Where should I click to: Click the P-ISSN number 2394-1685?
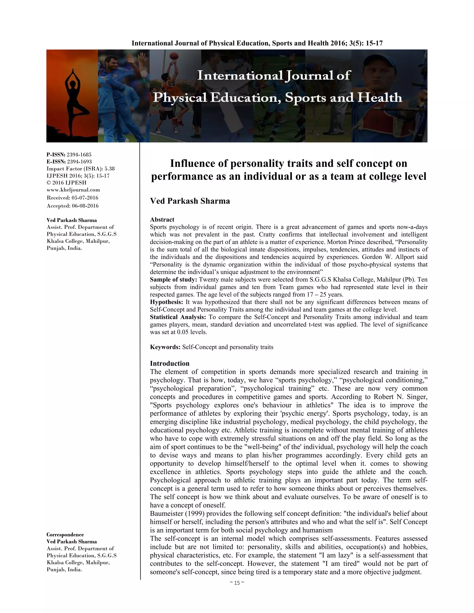click(x=79, y=155)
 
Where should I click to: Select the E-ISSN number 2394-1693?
click(x=79, y=162)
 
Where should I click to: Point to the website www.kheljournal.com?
click(x=73, y=190)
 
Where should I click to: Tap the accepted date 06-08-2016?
click(x=85, y=206)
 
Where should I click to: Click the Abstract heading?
click(x=162, y=220)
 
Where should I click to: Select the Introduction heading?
click(x=170, y=363)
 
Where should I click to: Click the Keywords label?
click(x=165, y=347)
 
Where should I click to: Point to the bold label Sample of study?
click(x=174, y=280)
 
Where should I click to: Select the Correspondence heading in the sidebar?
click(x=65, y=535)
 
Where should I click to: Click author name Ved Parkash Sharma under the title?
click(x=190, y=201)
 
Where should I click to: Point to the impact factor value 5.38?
click(x=109, y=169)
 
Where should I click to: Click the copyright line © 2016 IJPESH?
click(x=67, y=183)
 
